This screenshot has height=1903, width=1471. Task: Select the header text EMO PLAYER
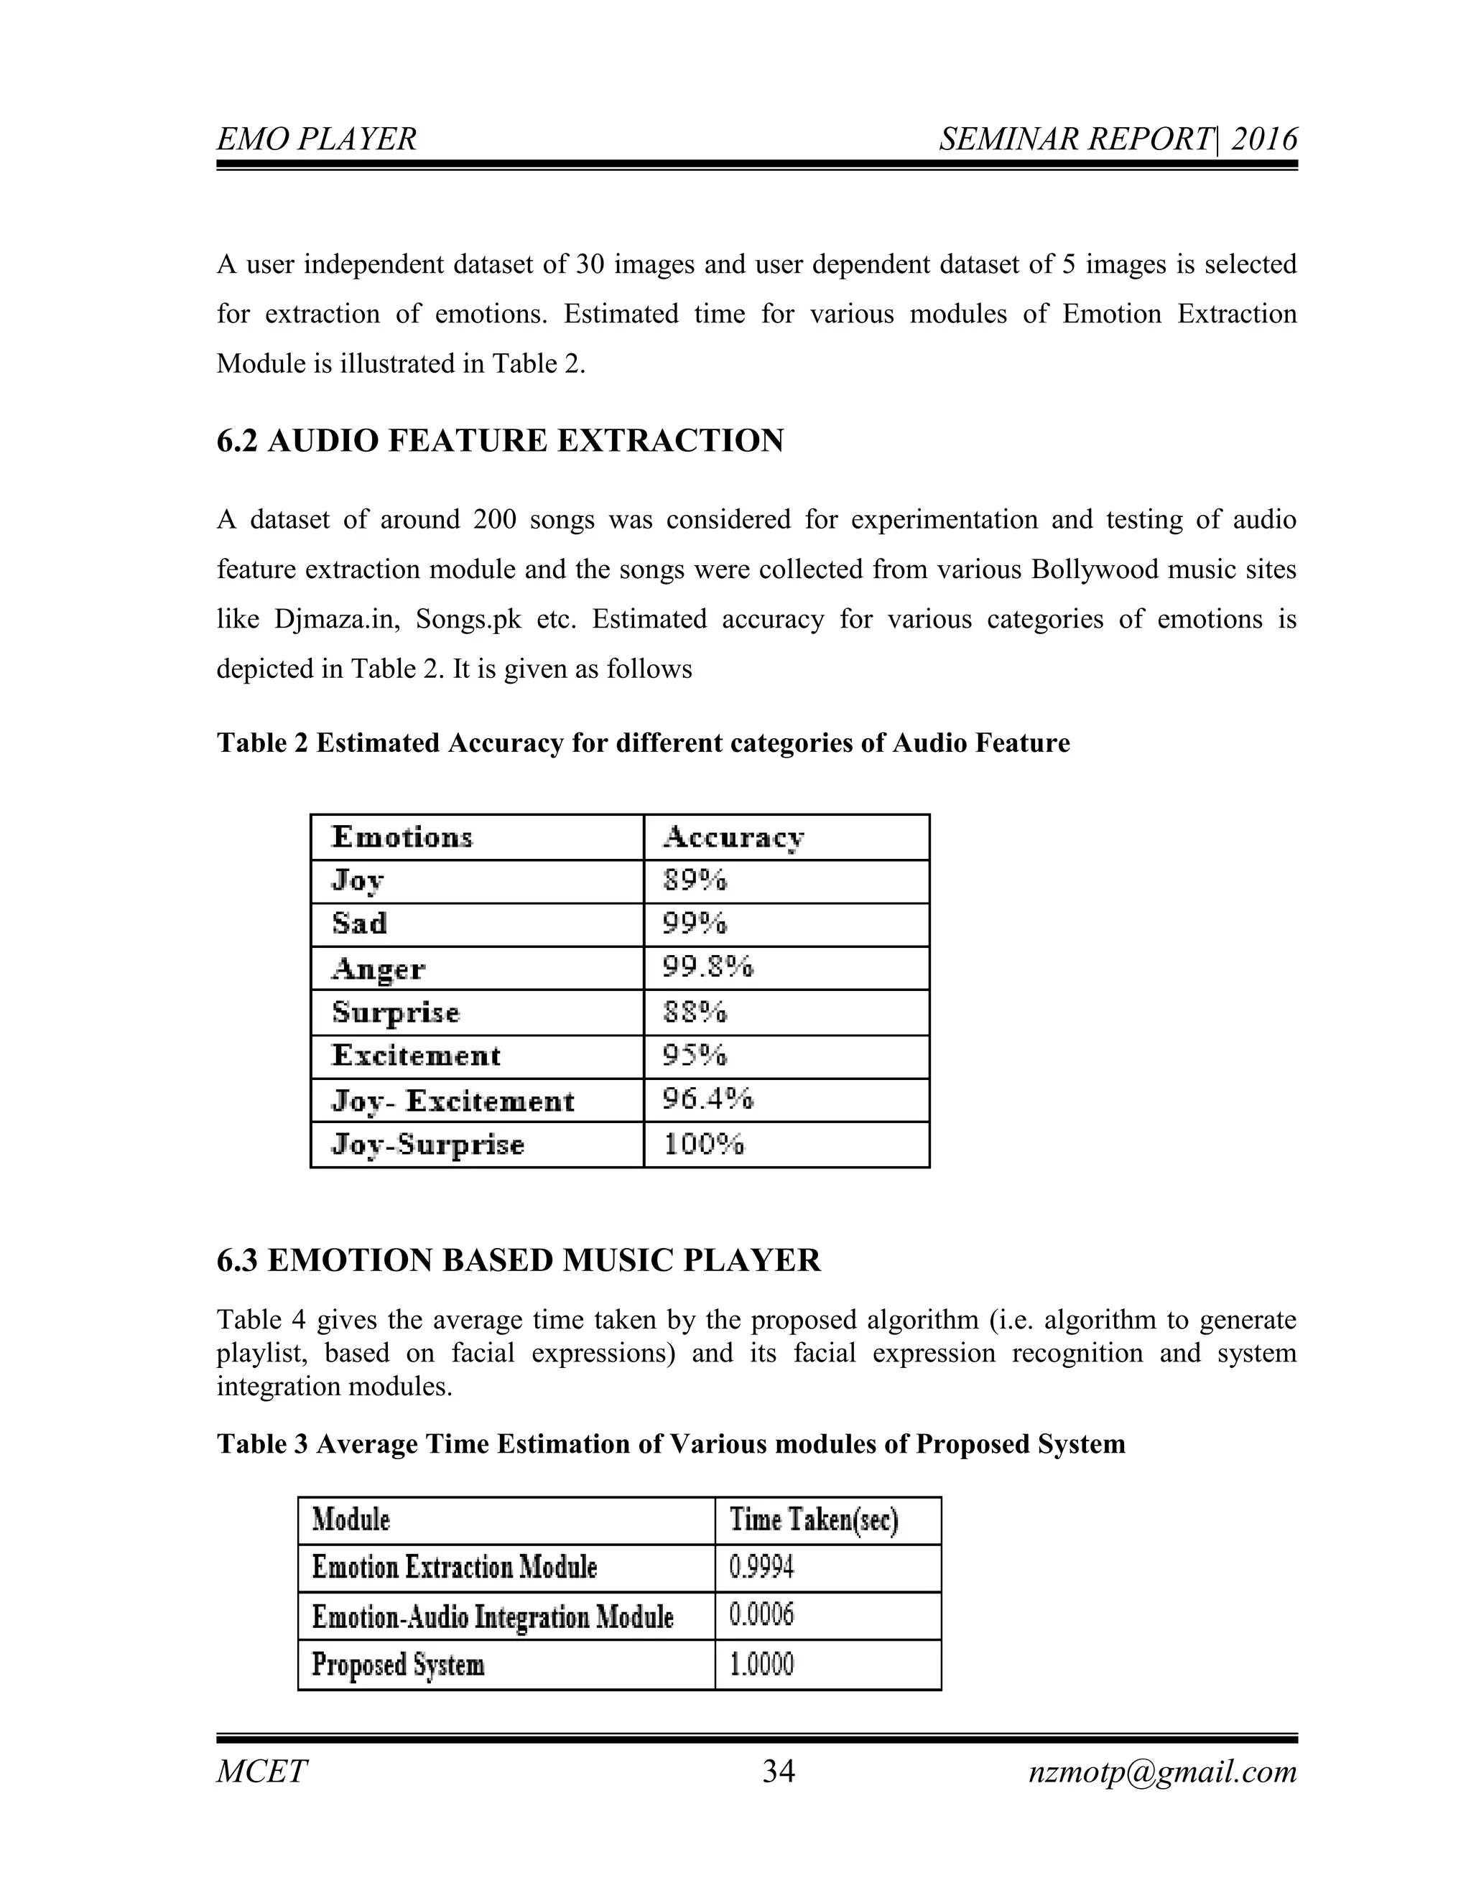click(x=316, y=139)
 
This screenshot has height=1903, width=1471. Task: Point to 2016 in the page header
click(x=1263, y=139)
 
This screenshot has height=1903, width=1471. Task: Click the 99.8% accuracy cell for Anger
click(x=707, y=967)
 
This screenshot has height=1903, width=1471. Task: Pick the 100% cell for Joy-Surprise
click(x=704, y=1143)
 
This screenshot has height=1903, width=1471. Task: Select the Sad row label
click(x=359, y=923)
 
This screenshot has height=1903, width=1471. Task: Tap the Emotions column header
click(x=402, y=837)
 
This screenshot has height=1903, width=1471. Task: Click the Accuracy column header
click(x=733, y=837)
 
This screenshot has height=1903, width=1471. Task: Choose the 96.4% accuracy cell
click(x=707, y=1099)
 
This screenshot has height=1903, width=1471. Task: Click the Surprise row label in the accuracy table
click(x=396, y=1012)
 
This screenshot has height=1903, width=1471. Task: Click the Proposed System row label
click(x=398, y=1665)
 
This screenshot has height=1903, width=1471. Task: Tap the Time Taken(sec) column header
click(x=814, y=1520)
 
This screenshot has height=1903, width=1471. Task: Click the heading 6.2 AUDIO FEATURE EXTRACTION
click(x=500, y=441)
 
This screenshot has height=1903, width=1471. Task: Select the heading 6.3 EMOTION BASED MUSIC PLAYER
click(x=519, y=1260)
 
